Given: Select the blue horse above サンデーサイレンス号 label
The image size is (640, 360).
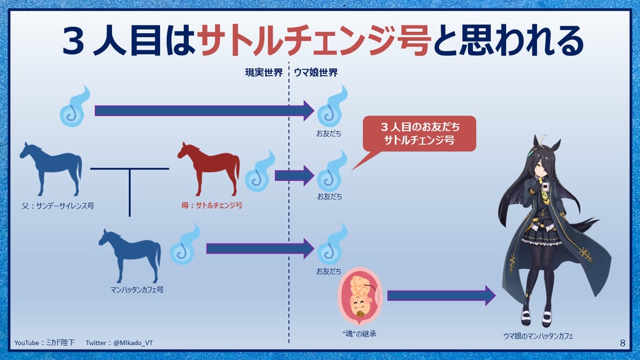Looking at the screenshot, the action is point(51,169).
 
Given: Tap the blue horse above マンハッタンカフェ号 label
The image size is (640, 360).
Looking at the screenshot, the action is point(130,256).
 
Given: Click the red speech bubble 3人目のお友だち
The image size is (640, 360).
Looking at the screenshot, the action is point(419,134).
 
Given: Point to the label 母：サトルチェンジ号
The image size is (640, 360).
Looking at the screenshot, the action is point(212,205).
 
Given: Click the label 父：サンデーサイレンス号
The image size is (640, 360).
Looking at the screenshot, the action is point(58,206).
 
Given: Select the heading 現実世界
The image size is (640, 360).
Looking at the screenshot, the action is point(264,72).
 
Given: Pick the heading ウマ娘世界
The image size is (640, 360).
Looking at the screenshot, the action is point(316,72).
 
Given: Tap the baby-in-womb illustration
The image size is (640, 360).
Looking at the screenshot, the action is point(359,296).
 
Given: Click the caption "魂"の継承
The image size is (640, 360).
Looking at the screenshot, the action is point(359,334).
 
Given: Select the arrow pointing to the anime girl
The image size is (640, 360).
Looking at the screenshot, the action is point(441,296).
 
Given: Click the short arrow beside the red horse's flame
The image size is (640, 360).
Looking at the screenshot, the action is point(294,176).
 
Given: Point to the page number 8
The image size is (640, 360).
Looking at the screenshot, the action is point(622,343).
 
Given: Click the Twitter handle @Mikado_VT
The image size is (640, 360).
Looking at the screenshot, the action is point(133,343).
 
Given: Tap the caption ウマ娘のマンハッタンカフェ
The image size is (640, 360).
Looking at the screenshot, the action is point(538,336).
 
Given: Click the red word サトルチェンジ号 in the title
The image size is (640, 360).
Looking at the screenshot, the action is point(314,40).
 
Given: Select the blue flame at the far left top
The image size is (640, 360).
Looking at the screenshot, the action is point(74,106).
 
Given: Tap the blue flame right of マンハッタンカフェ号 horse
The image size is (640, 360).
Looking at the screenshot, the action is point(184,244).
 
